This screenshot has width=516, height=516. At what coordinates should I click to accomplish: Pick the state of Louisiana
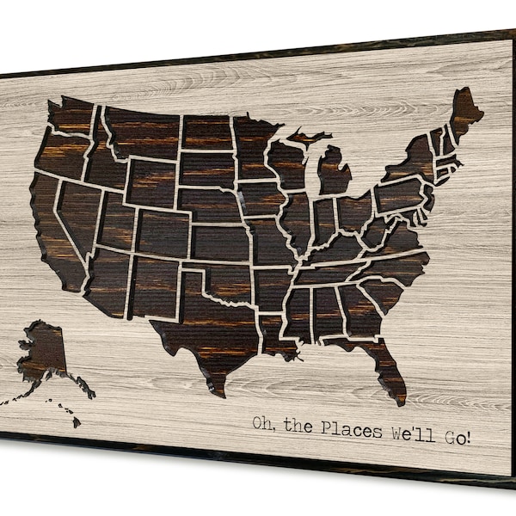tap(275, 331)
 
